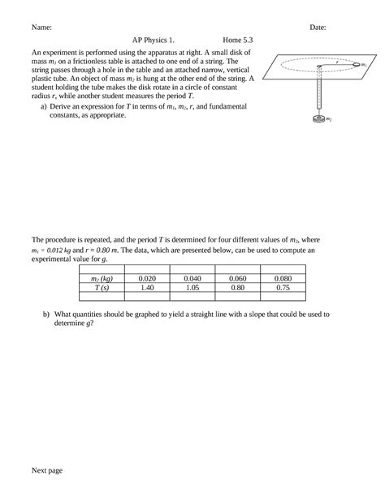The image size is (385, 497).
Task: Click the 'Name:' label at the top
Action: tap(41, 28)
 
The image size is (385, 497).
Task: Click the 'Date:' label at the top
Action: tap(318, 28)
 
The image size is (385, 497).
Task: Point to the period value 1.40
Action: tap(147, 287)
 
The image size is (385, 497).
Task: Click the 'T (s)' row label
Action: tap(102, 287)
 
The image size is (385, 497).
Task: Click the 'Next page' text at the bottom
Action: tap(48, 469)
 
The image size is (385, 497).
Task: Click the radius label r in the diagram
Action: tap(337, 59)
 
